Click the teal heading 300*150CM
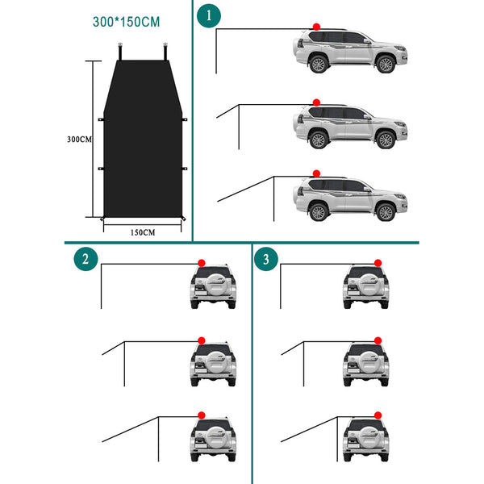coord(127,22)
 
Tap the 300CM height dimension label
coord(79,140)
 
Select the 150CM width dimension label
coord(143,232)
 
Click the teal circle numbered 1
coord(209,15)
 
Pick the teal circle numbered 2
coord(86,259)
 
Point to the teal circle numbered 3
coord(266,259)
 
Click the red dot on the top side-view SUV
coord(316,27)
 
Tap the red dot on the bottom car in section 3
coord(378,415)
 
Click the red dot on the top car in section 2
coord(202,263)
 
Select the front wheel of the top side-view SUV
coord(386,65)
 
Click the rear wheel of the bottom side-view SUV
coord(319,211)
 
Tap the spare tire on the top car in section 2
coord(216,284)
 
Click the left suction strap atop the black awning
coord(120,52)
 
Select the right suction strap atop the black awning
coord(165,52)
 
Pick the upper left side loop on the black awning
coord(101,119)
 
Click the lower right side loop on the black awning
coord(185,169)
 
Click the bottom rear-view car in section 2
coord(213,440)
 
